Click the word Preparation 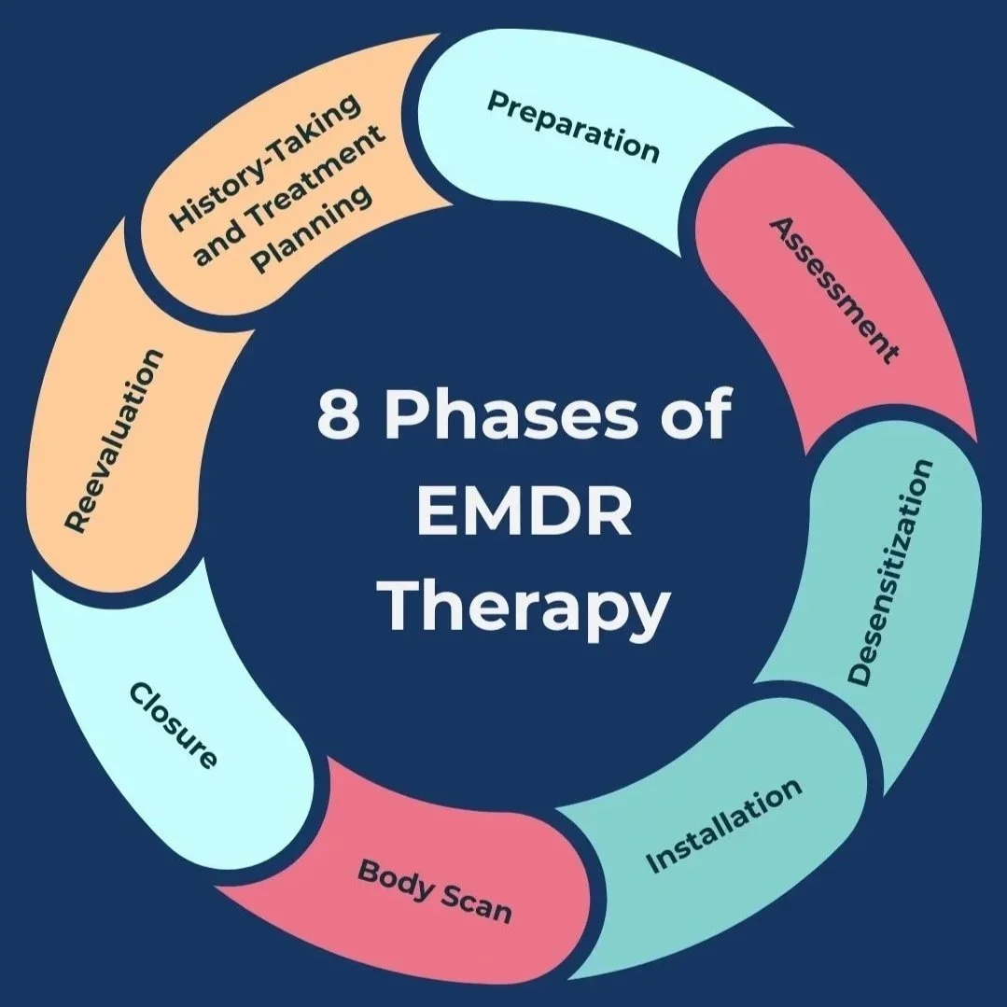[x=573, y=126]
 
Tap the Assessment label [x=833, y=290]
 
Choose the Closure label [x=174, y=726]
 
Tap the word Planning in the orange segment [x=314, y=230]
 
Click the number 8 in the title [x=338, y=416]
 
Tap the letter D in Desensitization [x=860, y=675]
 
